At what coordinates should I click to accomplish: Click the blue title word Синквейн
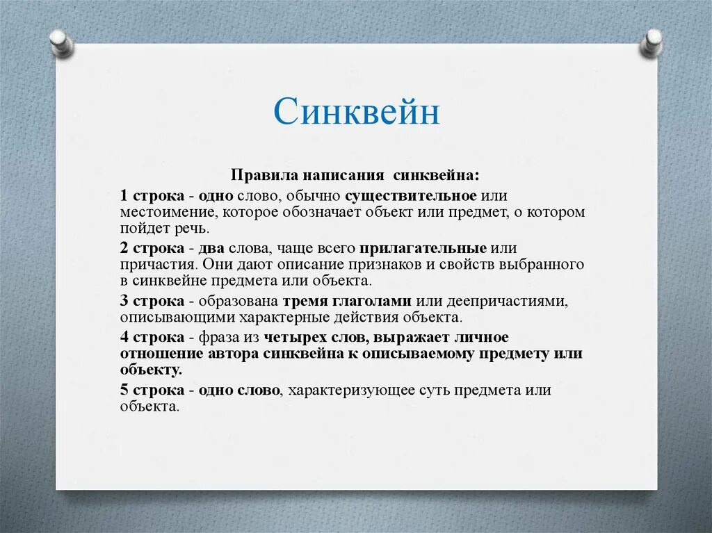pos(357,112)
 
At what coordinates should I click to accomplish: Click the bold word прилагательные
pos(423,248)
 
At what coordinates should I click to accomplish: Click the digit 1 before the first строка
pos(124,196)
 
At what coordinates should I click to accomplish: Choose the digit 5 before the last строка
pos(124,390)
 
